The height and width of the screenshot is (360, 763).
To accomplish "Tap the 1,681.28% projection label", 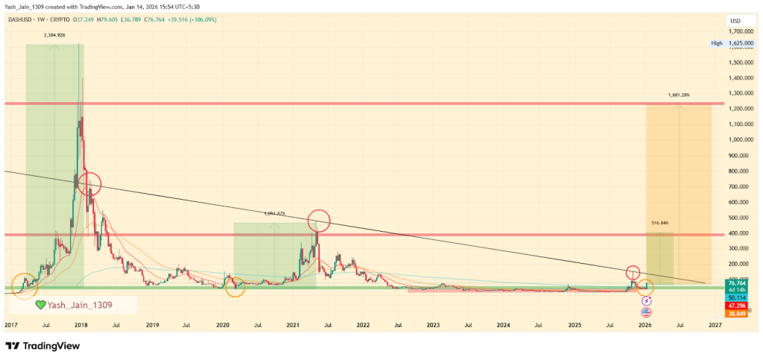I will [679, 95].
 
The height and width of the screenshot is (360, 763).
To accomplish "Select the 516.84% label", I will [660, 223].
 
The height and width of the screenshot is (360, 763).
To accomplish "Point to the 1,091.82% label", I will [275, 213].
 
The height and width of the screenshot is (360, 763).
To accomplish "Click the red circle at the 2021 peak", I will [318, 219].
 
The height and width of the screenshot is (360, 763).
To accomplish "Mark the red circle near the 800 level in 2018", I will [89, 182].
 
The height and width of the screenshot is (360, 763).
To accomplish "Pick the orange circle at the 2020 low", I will [235, 285].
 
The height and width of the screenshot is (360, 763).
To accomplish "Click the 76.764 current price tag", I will [738, 283].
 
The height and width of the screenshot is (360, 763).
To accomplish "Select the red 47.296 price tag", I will [738, 305].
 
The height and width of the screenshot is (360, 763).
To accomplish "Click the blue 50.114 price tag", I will [738, 297].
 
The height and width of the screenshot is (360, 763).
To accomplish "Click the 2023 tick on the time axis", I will [432, 325].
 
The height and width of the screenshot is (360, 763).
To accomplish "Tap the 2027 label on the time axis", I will [715, 325].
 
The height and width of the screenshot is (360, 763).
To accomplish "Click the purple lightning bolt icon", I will [646, 300].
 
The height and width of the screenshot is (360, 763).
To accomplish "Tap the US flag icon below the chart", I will [646, 311].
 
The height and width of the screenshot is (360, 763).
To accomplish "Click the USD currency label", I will [735, 20].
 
